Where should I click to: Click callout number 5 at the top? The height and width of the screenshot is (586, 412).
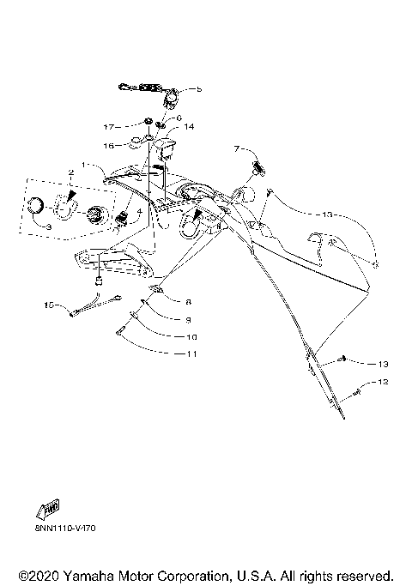point(199,89)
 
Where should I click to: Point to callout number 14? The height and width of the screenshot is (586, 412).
point(190,126)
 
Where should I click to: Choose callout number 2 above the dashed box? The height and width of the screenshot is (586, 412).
point(71,172)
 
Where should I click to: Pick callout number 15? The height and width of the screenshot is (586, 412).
point(49,304)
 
